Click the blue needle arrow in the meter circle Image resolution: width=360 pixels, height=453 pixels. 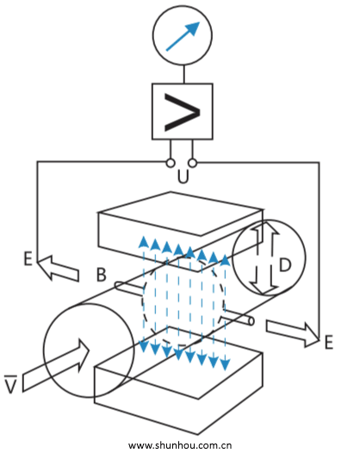point(183,36)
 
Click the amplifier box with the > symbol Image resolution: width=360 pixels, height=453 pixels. point(183,112)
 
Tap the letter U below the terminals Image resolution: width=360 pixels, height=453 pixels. point(183,177)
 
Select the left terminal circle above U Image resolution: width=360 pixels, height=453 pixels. point(171,163)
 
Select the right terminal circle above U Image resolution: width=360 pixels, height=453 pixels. point(192,163)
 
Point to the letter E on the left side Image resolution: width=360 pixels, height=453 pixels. point(28,258)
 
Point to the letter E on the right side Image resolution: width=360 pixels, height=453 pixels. point(329,343)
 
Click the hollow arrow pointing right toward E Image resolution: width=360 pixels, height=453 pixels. point(292,333)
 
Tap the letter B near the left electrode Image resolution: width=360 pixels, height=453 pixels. point(101,275)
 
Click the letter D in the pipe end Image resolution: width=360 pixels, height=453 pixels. point(285,264)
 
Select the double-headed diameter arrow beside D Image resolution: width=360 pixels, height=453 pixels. point(264,258)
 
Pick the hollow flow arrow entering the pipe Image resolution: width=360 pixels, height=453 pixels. point(56,365)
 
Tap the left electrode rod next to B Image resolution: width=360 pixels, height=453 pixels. point(129,288)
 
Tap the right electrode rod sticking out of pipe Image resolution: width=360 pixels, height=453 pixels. point(238,317)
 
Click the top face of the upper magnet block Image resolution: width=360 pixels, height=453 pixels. point(180,213)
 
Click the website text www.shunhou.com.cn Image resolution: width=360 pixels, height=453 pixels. point(180,445)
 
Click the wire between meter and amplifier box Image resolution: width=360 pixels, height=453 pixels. point(183,74)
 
